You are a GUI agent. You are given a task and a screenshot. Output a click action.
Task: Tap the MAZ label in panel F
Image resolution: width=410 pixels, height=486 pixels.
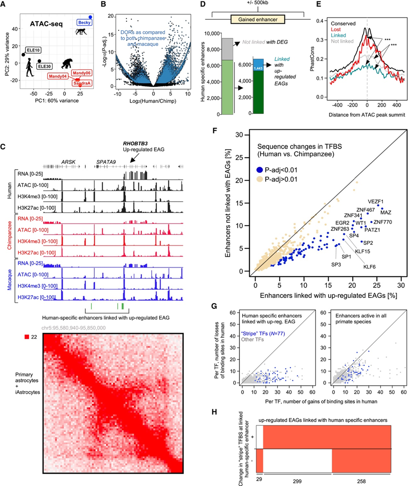point(386,212)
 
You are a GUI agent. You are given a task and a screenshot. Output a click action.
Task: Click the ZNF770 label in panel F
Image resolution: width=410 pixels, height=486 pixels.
point(383,222)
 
